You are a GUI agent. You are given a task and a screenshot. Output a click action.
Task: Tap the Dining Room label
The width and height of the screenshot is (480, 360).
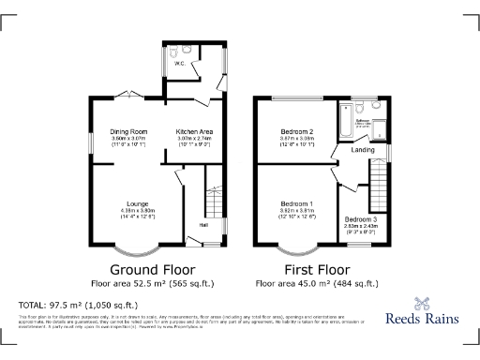(130, 130)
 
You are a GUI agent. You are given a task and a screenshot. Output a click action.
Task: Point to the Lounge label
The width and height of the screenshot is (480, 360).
(138, 203)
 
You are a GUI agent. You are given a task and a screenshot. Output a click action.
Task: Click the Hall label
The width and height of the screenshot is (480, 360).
(203, 224)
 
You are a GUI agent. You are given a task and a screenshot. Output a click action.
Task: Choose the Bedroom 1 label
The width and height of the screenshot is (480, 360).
(297, 203)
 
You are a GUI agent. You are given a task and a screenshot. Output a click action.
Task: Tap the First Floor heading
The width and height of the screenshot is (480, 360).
(320, 268)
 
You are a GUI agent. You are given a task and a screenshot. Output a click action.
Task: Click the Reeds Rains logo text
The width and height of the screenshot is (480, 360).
(422, 319)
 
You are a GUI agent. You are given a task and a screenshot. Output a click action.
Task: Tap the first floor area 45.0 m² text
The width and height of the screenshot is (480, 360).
(320, 282)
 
